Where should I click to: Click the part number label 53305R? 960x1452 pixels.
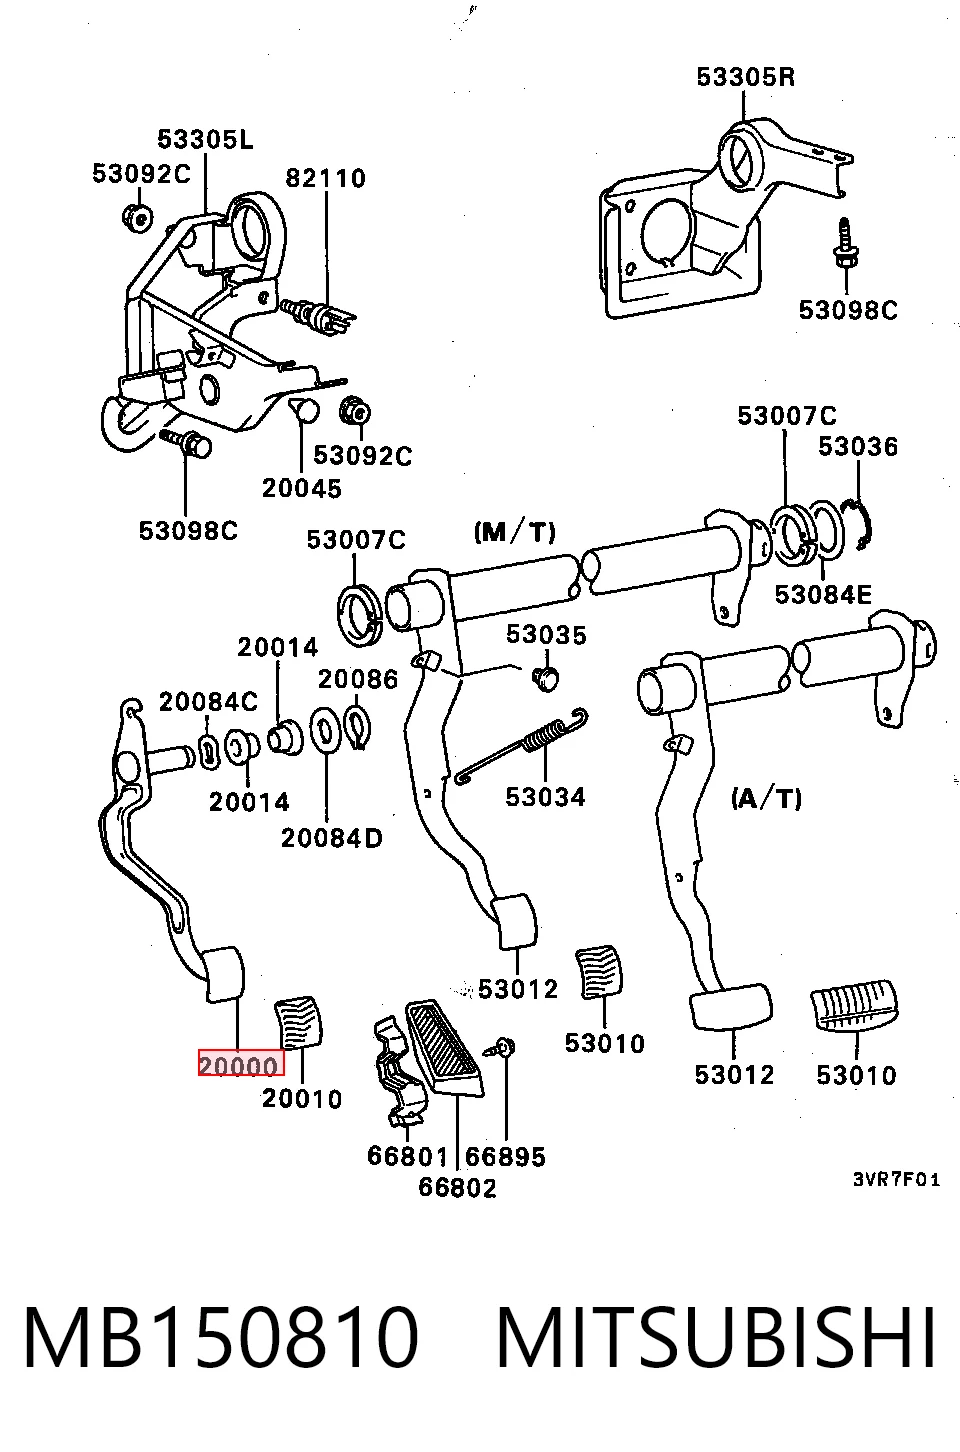[745, 77]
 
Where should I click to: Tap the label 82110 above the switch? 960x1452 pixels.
[326, 178]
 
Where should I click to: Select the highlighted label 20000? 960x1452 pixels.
[240, 1066]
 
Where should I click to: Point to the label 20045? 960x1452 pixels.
[301, 488]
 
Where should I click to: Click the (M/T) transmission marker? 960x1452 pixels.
[515, 532]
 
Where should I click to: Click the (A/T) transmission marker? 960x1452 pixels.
[766, 798]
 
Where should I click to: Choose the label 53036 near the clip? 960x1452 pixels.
[858, 447]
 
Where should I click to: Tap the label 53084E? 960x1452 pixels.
[823, 594]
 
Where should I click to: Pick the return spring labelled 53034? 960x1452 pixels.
[522, 745]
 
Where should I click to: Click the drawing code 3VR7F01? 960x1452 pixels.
[896, 1180]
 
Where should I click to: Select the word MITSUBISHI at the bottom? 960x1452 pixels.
[716, 1338]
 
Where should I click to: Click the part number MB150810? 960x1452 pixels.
[221, 1338]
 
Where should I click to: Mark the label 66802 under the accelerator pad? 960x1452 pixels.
[457, 1188]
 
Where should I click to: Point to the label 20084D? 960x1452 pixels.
[331, 838]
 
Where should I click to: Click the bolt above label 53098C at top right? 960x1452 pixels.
[846, 244]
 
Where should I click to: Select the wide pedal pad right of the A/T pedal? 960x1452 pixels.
[854, 1008]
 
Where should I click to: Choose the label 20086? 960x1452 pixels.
[357, 679]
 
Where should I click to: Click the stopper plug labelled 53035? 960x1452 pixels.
[546, 679]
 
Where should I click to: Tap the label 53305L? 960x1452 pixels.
[205, 139]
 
